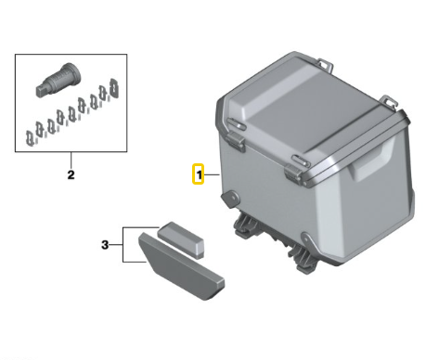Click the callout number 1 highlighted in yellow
(x=199, y=175)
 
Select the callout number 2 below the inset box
(x=71, y=174)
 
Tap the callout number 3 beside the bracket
(x=105, y=245)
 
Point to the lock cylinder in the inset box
(x=58, y=80)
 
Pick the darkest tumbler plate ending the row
(x=114, y=88)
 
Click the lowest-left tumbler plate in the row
(x=30, y=138)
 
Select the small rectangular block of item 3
(x=181, y=239)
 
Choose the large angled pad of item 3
(x=181, y=266)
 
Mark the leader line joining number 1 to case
(x=212, y=175)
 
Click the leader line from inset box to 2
(x=71, y=161)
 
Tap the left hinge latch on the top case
(x=236, y=140)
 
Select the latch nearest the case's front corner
(x=293, y=174)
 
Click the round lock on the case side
(x=230, y=199)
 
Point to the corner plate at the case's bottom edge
(x=308, y=242)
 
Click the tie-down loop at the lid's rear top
(x=326, y=64)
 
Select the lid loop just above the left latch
(x=237, y=124)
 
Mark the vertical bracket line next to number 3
(x=123, y=245)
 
